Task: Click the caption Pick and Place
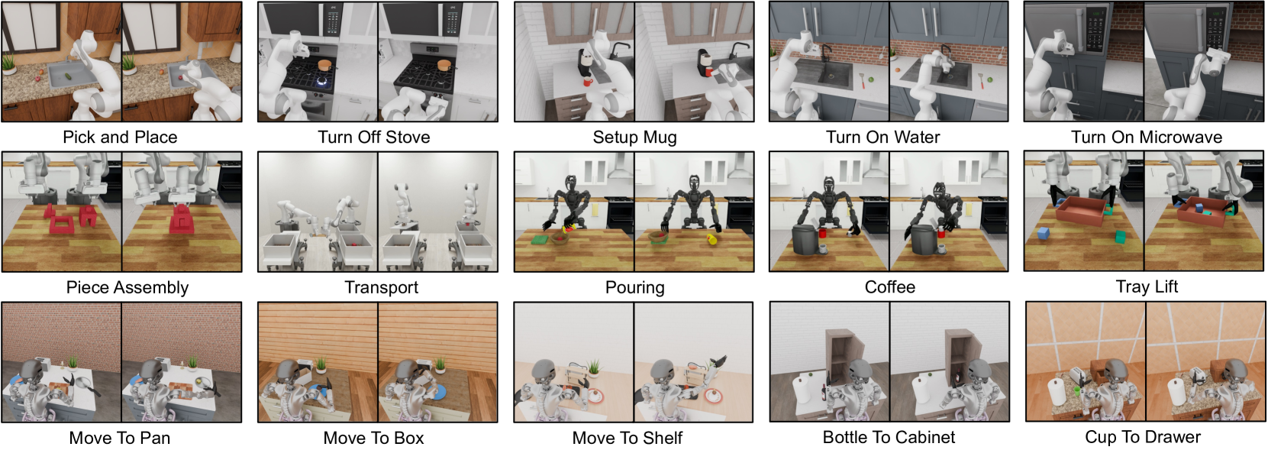coord(120,138)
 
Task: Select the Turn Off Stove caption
coord(373,138)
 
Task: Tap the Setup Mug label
coord(634,138)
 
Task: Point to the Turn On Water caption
coord(882,138)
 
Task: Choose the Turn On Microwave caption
coord(1147,138)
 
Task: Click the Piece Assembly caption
coord(127,287)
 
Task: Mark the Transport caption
coord(382,287)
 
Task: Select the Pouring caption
coord(634,287)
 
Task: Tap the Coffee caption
coord(889,287)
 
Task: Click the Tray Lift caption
coord(1147,287)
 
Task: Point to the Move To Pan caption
coord(119,438)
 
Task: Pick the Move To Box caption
coord(373,438)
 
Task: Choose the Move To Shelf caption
coord(628,438)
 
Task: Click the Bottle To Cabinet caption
coord(889,438)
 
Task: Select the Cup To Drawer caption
coord(1143,438)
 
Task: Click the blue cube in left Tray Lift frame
coord(1044,234)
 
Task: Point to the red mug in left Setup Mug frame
coord(589,82)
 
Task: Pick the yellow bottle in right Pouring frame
coord(711,239)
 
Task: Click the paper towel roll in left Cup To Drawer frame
coord(1057,392)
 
